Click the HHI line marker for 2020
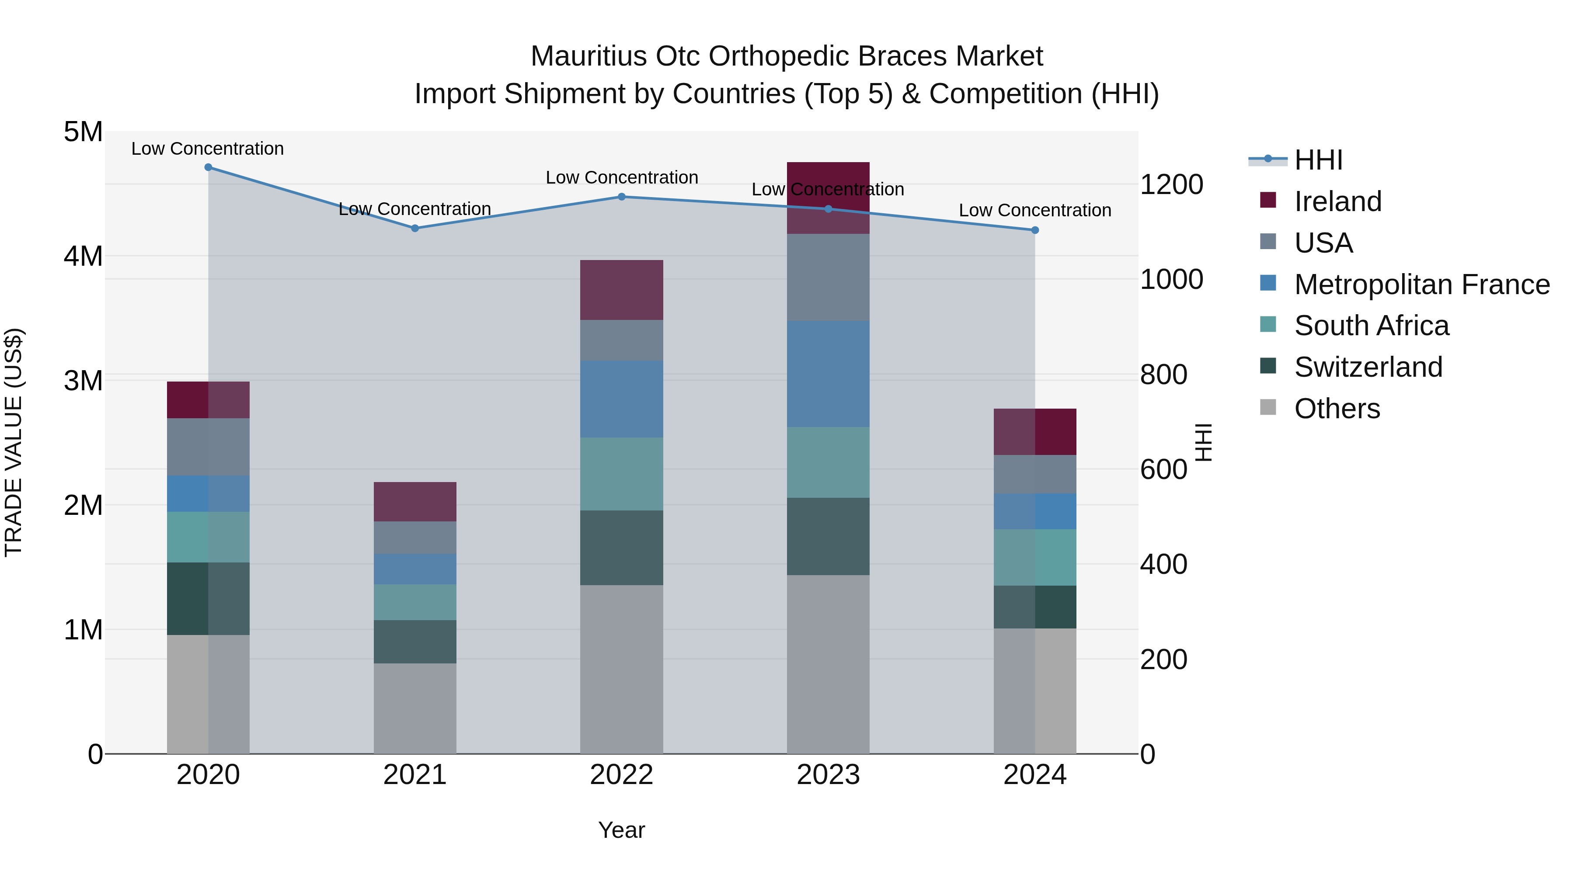(x=209, y=167)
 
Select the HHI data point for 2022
(x=621, y=197)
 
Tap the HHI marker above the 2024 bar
(x=1034, y=230)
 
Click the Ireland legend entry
(x=1337, y=201)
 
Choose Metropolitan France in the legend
(x=1421, y=285)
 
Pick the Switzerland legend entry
(x=1368, y=367)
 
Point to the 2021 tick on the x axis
(x=415, y=775)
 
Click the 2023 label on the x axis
(x=828, y=775)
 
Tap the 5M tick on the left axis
(x=84, y=132)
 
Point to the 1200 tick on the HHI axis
(x=1171, y=184)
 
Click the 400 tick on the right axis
(x=1163, y=564)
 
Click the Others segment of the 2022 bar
(x=621, y=669)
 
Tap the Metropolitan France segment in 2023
(x=828, y=374)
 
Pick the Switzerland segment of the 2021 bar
(x=415, y=642)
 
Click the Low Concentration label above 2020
(x=208, y=149)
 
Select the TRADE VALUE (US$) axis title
(x=14, y=442)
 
